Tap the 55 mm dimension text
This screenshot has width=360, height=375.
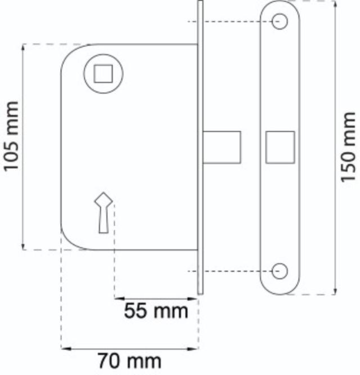[157, 310]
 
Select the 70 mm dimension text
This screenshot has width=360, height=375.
[129, 361]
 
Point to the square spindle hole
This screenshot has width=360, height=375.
[102, 73]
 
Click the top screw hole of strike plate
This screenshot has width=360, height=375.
[280, 21]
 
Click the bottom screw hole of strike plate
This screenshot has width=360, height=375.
[280, 271]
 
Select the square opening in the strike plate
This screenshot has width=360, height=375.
[280, 147]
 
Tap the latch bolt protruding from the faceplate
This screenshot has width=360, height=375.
[222, 147]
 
